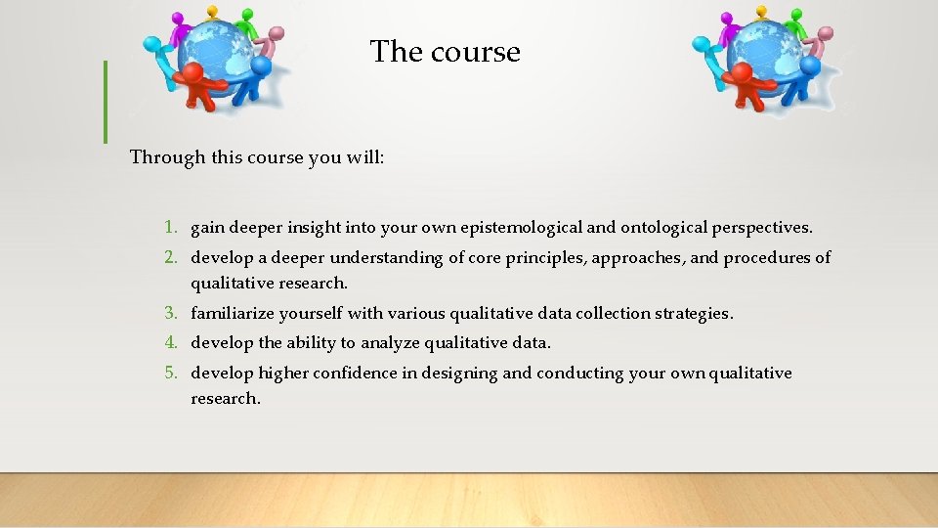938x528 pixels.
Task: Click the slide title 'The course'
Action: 446,51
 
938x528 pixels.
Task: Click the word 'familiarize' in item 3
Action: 233,314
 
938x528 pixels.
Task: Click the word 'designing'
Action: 460,374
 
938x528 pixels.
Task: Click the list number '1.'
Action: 171,228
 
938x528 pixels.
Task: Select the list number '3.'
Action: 171,314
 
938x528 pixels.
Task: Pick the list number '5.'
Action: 171,374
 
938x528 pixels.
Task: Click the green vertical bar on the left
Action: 105,102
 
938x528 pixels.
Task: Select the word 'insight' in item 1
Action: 315,228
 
